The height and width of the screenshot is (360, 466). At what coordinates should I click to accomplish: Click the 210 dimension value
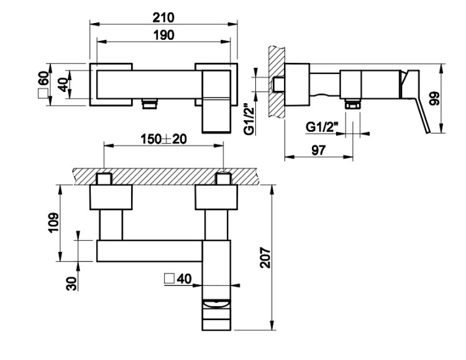(x=163, y=18)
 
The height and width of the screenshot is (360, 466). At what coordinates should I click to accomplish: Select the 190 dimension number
(x=164, y=35)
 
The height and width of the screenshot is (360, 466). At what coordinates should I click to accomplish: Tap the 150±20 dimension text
(x=164, y=139)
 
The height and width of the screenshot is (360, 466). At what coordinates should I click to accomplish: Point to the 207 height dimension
(x=265, y=257)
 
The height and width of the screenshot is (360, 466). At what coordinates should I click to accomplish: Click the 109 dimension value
(x=53, y=223)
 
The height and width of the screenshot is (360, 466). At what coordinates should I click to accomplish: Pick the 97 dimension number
(x=319, y=150)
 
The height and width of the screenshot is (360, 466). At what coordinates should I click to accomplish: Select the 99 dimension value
(x=434, y=99)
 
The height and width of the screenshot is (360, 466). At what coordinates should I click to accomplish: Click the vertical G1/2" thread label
(x=249, y=119)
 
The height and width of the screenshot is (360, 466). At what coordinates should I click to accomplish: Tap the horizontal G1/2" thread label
(x=322, y=127)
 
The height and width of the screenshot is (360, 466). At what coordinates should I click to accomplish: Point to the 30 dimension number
(x=71, y=284)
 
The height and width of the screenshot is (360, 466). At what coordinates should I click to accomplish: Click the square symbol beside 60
(x=43, y=93)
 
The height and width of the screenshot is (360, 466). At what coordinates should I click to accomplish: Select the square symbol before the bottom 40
(x=170, y=279)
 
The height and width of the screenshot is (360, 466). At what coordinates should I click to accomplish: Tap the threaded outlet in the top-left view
(x=150, y=104)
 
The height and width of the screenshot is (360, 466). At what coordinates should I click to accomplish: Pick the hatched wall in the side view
(x=276, y=83)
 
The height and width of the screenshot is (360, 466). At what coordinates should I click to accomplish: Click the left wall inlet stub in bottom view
(x=104, y=178)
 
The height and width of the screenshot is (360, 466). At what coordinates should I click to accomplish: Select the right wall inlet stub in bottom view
(x=224, y=178)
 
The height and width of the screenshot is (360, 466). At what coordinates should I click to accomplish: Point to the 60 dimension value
(x=43, y=78)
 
